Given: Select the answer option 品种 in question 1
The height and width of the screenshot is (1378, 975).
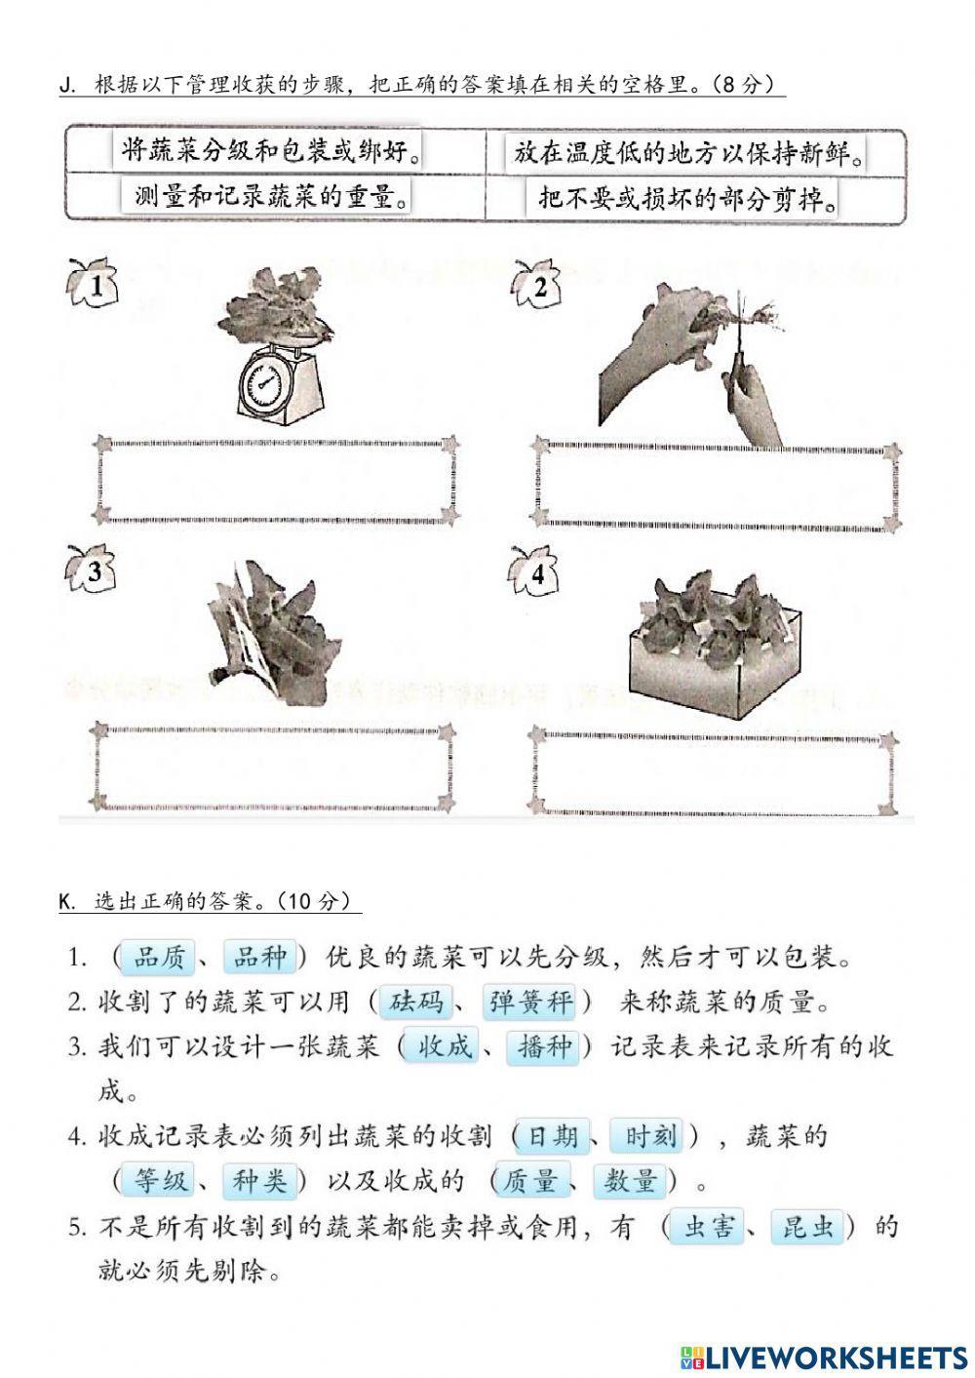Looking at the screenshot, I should point(259,958).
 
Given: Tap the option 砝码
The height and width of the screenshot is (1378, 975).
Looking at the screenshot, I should point(415,1003).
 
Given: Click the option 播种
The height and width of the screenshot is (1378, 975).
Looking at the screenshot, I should point(545,1047).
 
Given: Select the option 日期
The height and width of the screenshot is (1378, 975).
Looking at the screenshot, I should point(554,1136).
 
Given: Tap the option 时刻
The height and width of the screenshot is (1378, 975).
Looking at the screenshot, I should point(649,1136).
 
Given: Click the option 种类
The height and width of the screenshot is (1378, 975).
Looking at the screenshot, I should point(259,1181).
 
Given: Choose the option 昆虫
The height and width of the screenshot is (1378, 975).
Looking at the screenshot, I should point(808,1227).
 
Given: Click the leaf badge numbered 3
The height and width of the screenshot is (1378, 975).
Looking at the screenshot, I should point(92,572).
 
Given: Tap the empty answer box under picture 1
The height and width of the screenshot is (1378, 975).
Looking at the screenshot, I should point(276,479).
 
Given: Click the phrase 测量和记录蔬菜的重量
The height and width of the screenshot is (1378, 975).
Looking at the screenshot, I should point(270,197).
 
